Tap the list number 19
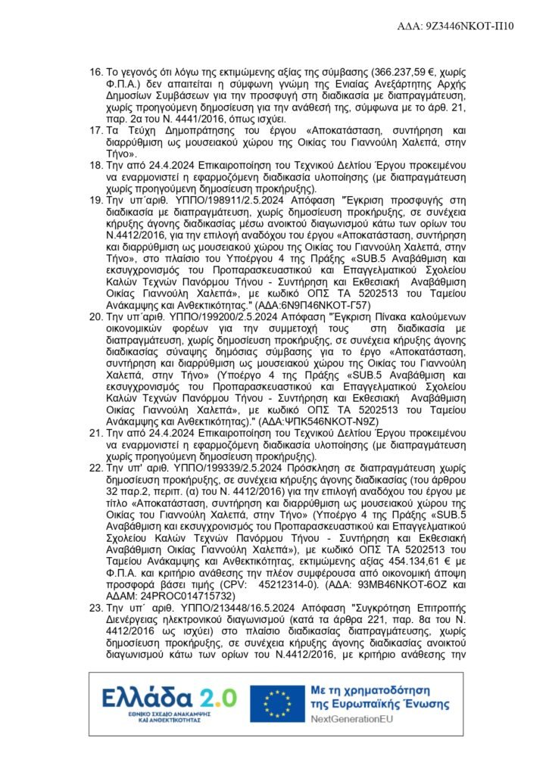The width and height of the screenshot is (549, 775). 95,200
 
